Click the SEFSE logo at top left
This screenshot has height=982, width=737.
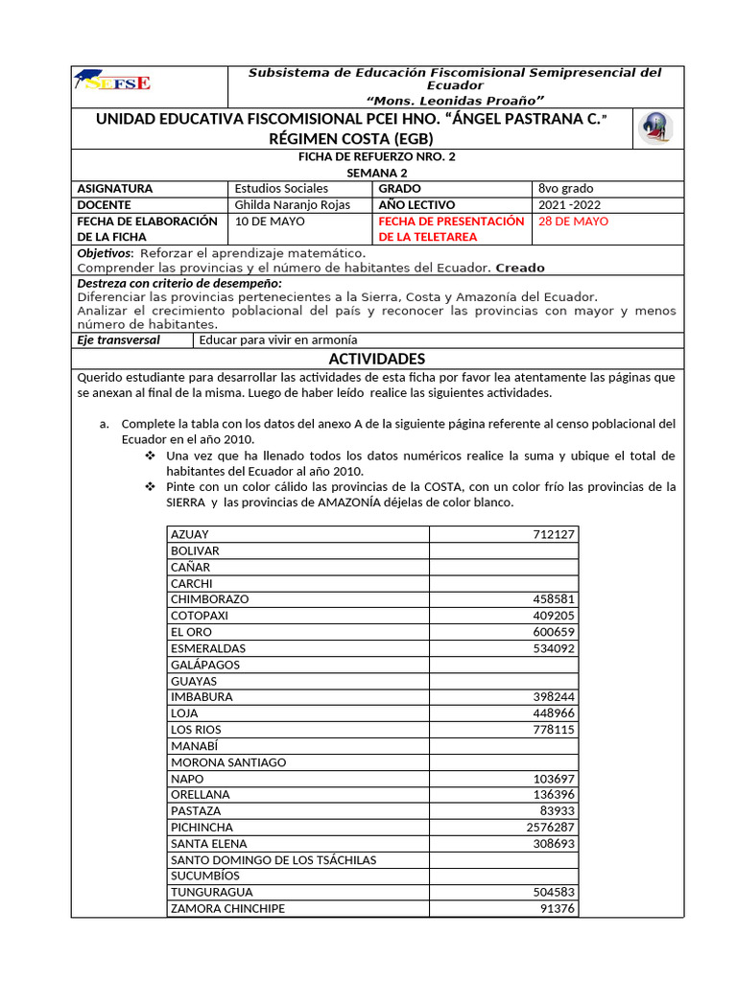[x=117, y=83]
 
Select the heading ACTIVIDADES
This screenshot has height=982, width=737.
[x=376, y=359]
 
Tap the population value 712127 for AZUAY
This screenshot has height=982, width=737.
[x=554, y=534]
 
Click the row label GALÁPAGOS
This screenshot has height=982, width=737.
[x=205, y=665]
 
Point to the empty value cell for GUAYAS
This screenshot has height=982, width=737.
[x=503, y=681]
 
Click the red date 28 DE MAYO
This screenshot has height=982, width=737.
[x=573, y=222]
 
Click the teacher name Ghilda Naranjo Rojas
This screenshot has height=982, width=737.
[x=292, y=205]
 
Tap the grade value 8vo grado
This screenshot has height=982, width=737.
[x=566, y=189]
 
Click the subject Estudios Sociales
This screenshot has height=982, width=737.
[x=281, y=189]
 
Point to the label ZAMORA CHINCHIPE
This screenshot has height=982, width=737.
[x=227, y=908]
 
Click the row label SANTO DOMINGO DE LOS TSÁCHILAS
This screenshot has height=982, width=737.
[x=273, y=860]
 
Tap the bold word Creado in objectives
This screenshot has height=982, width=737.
[x=520, y=268]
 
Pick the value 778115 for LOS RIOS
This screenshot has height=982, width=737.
[x=554, y=730]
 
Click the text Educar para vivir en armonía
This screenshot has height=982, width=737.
[x=277, y=339]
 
